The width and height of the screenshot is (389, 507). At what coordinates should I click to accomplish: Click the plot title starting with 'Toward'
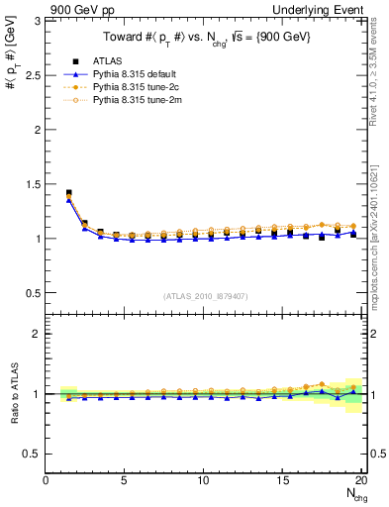pyautogui.click(x=203, y=40)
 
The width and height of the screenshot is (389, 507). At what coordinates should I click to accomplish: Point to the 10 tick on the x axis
pyautogui.click(x=203, y=481)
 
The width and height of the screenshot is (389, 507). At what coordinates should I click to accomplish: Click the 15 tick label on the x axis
pyautogui.click(x=281, y=481)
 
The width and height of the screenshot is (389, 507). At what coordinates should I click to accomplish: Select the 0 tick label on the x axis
pyautogui.click(x=46, y=481)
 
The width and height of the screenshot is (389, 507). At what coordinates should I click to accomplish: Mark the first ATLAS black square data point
pyautogui.click(x=68, y=193)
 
